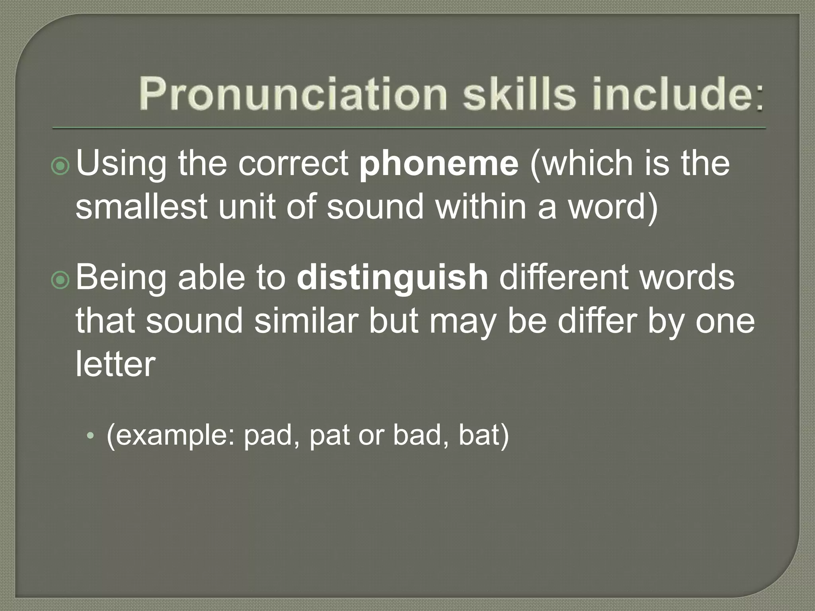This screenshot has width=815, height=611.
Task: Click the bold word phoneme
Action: [439, 164]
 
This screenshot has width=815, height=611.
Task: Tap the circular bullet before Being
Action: [61, 280]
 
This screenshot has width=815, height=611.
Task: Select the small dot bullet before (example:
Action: [91, 436]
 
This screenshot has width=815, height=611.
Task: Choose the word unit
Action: [247, 207]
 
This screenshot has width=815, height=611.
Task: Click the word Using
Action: [121, 165]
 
